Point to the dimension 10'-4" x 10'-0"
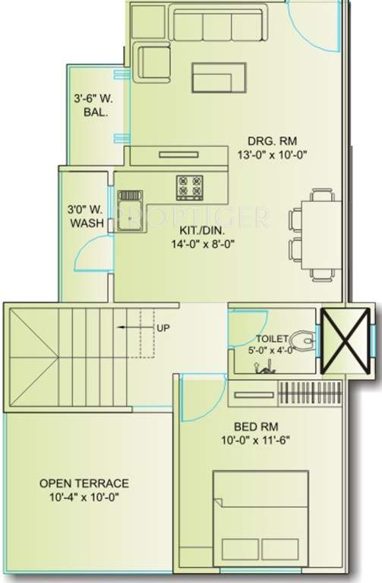pos(84,497)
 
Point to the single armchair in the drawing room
pos(154,61)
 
